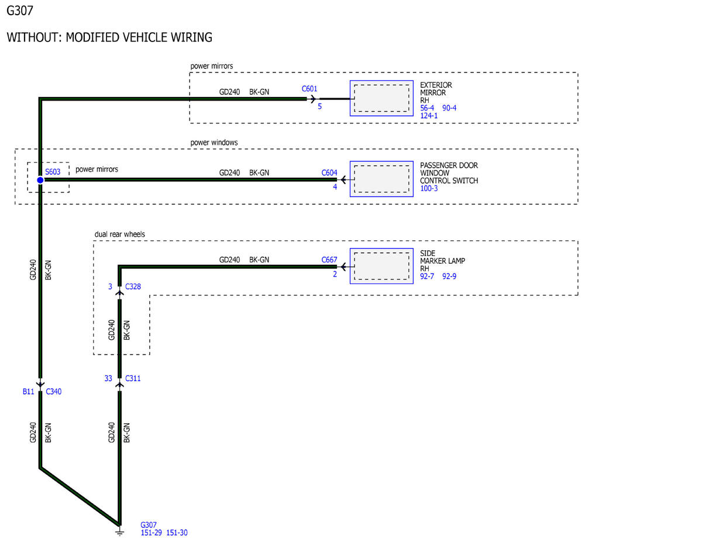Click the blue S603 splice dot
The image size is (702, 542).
tap(40, 180)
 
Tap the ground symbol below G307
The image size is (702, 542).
tap(119, 531)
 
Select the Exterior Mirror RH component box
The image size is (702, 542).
tap(381, 98)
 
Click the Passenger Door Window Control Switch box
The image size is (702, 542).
tap(381, 179)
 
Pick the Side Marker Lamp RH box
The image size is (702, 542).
tap(381, 266)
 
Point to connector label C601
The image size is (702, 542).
tap(309, 89)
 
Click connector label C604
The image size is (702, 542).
tap(329, 172)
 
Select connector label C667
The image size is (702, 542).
tap(329, 260)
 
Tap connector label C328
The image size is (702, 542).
tap(133, 286)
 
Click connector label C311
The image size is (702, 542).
tap(133, 378)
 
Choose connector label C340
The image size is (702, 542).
tap(54, 392)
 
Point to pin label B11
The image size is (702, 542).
tap(29, 392)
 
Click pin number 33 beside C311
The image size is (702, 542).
tap(108, 378)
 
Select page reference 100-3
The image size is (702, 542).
tap(429, 188)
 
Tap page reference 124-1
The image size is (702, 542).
tap(429, 116)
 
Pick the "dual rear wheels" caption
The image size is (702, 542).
tap(119, 234)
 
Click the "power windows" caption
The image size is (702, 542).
tap(214, 142)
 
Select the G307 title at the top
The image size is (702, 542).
tap(20, 11)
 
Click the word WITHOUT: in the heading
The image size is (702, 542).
tap(34, 37)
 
